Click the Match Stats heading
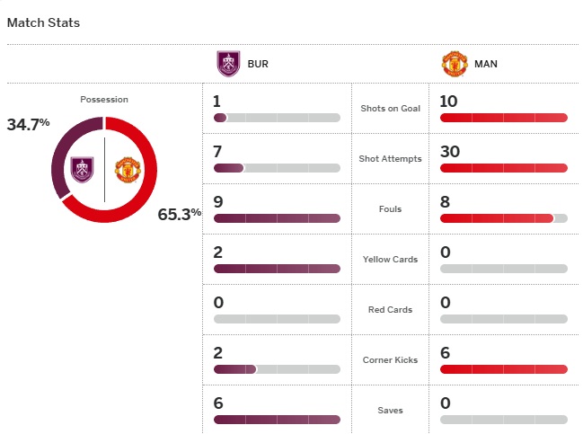[43, 22]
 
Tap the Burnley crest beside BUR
[228, 64]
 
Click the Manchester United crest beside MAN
[455, 64]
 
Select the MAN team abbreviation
[487, 65]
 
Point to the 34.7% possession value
[28, 124]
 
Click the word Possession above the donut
[104, 99]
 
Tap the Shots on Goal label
[390, 109]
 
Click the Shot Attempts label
[390, 159]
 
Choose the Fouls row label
[390, 209]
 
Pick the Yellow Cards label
[390, 260]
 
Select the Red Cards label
[390, 310]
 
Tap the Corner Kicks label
[390, 360]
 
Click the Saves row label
[390, 411]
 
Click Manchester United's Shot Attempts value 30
[450, 152]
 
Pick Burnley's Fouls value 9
[218, 202]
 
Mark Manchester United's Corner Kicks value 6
[445, 353]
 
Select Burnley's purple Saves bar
[277, 420]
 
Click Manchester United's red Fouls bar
[497, 218]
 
